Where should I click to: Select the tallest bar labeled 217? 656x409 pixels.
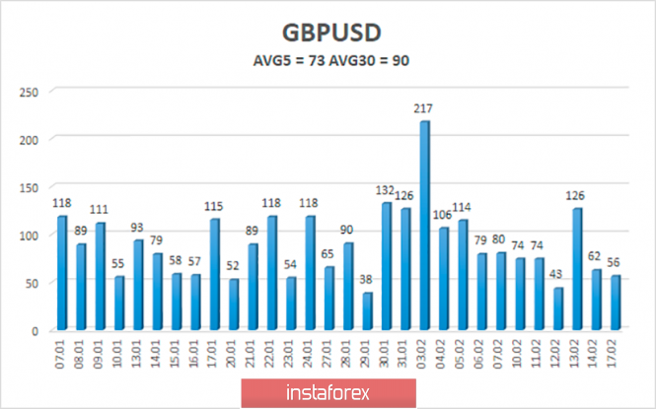[424, 226]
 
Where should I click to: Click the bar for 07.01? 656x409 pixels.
[62, 273]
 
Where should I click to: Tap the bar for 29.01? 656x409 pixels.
[367, 311]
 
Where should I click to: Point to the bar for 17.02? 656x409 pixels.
[617, 303]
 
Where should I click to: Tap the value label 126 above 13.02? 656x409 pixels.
[578, 196]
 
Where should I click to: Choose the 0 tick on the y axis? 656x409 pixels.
[36, 331]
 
